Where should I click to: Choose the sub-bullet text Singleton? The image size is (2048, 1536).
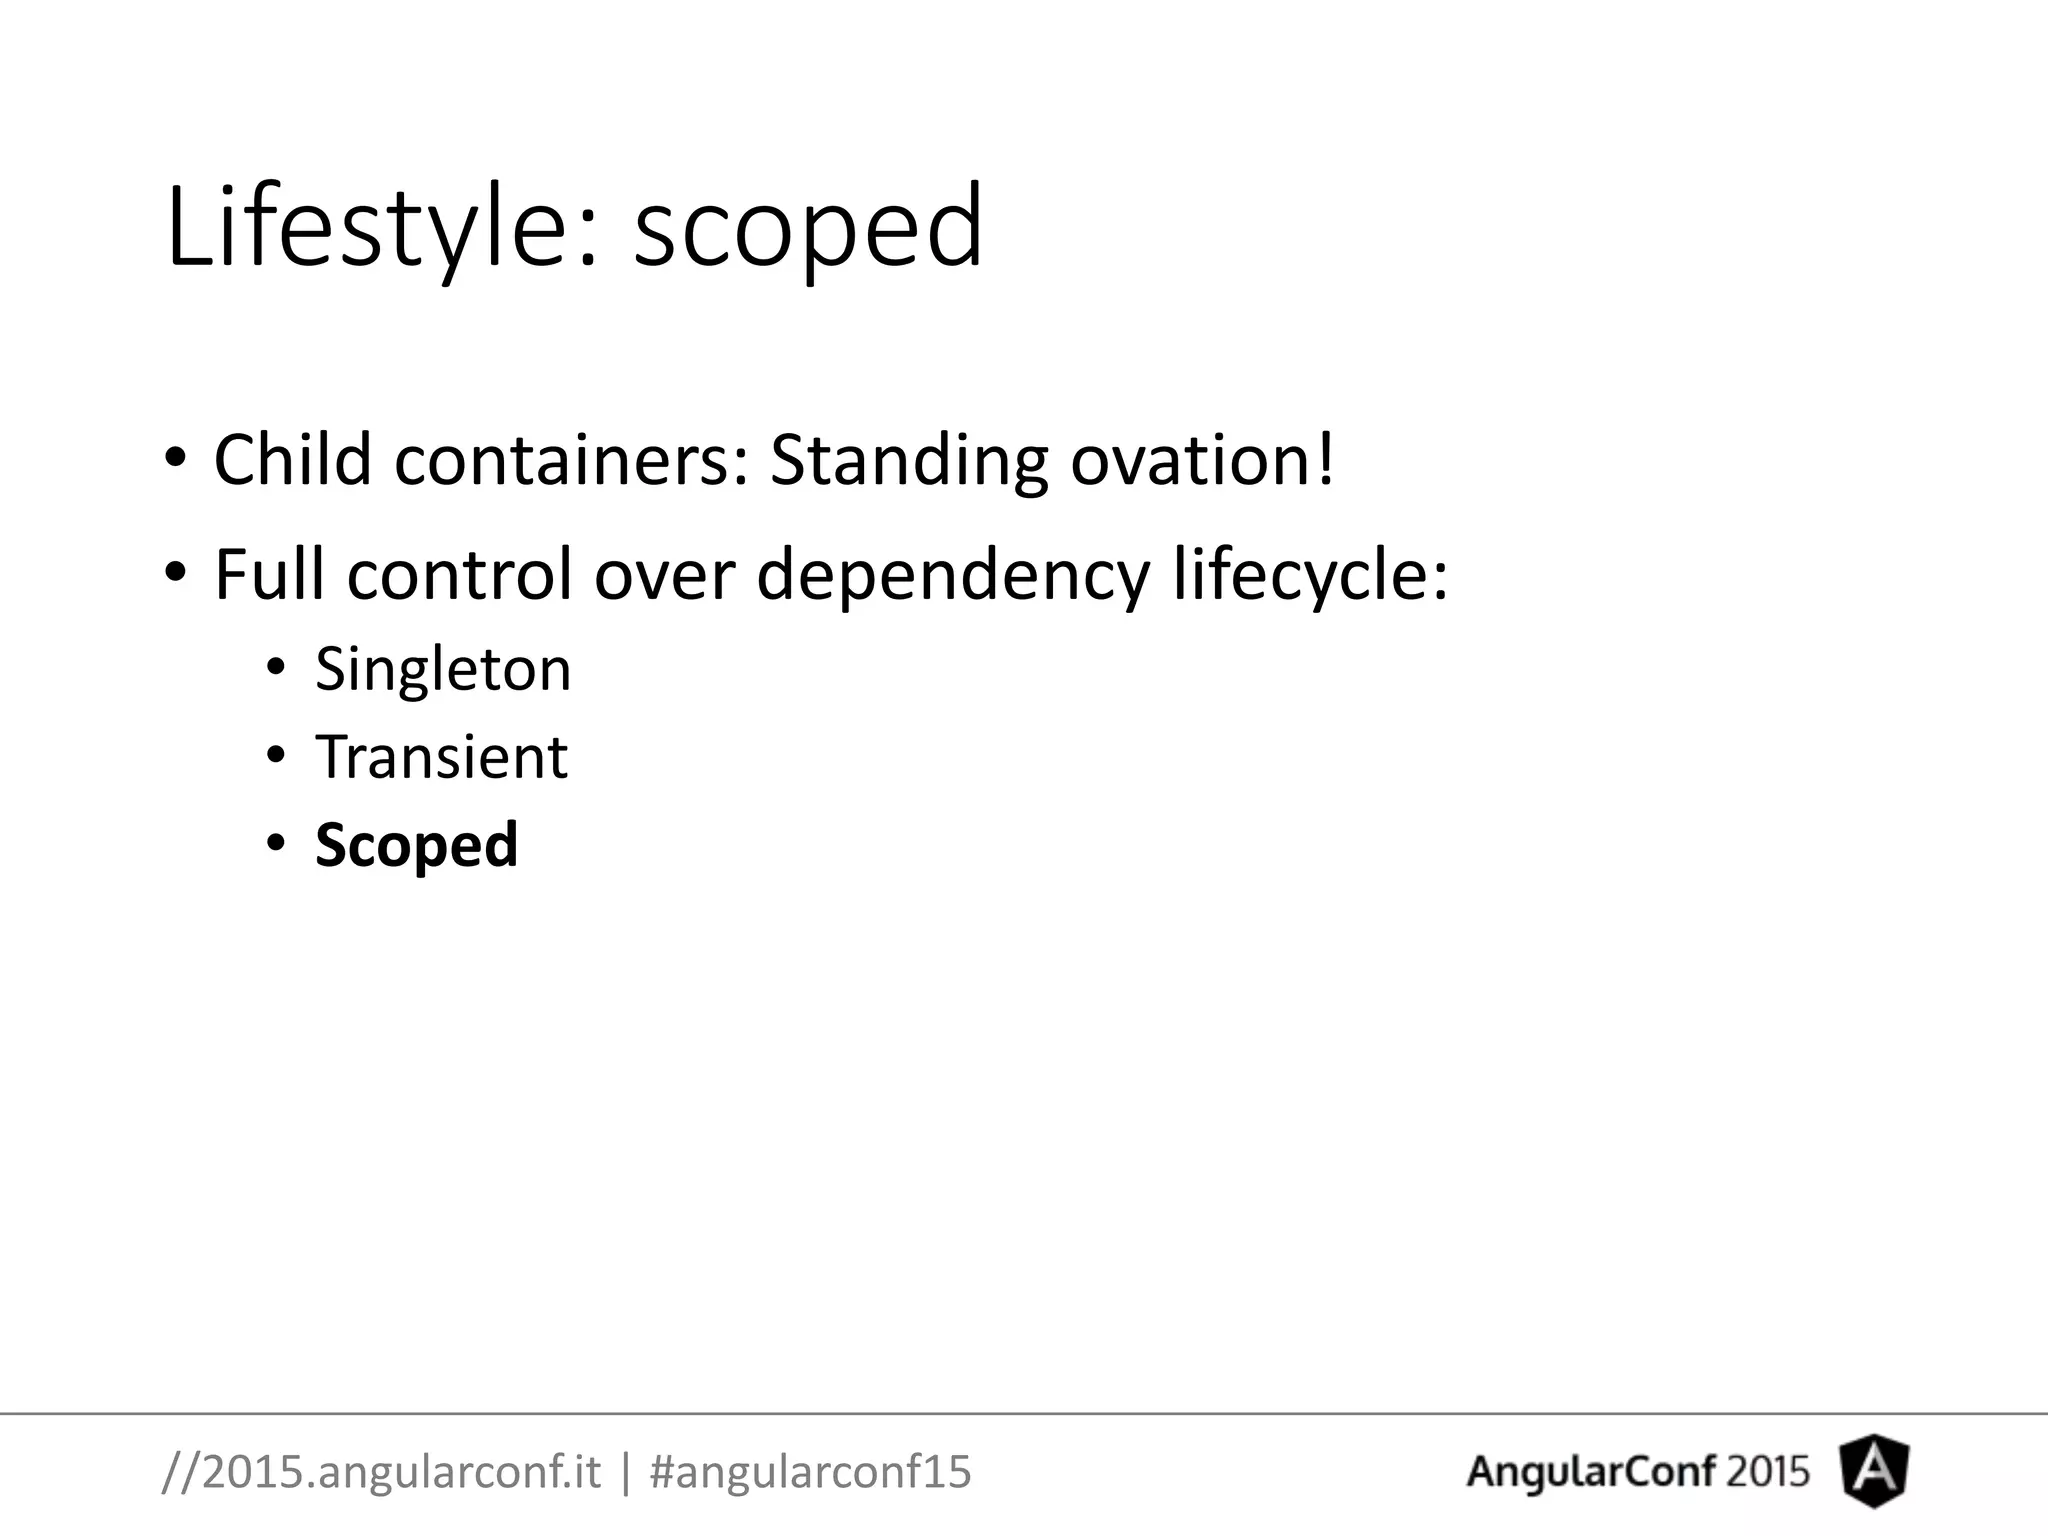(x=443, y=668)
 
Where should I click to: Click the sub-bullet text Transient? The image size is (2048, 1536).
(x=441, y=756)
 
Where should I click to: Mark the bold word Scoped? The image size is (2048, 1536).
(x=416, y=846)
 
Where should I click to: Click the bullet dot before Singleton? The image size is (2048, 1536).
(x=276, y=667)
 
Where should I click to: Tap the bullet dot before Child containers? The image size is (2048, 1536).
(x=176, y=459)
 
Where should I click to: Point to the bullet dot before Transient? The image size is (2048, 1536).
(x=276, y=755)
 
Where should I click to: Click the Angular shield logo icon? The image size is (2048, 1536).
(x=1874, y=1471)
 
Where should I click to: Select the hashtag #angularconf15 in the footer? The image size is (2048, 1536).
(x=810, y=1472)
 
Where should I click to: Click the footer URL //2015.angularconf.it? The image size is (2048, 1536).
(x=381, y=1472)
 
